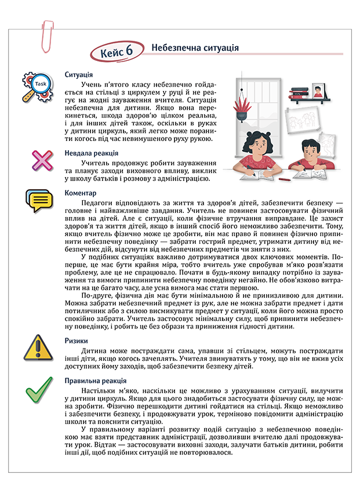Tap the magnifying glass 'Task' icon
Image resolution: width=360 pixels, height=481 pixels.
tap(37, 85)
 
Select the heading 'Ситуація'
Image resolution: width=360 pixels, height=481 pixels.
tap(79, 75)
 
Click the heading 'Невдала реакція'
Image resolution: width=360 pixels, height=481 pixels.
tap(92, 154)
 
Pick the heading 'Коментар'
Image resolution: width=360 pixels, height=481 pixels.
tap(81, 193)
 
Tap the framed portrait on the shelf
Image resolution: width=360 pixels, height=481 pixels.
tap(318, 92)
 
